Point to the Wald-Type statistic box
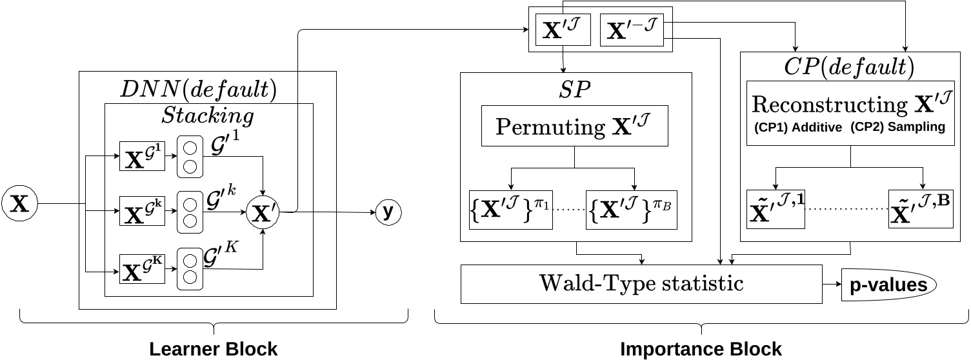[641, 283]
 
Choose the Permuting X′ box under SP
[574, 126]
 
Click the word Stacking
[207, 116]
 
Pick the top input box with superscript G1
[142, 157]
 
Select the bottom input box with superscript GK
[142, 268]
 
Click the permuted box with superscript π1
[511, 210]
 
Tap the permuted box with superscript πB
[631, 210]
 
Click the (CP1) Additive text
[797, 128]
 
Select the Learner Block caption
[213, 350]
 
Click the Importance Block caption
[701, 350]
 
